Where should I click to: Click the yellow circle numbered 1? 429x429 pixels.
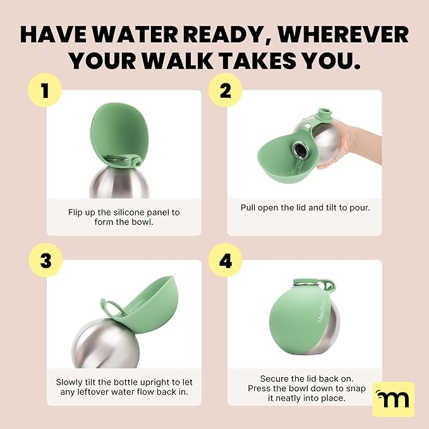coord(44,92)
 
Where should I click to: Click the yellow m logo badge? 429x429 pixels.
coord(394,399)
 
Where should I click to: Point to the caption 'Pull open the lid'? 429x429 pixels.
coord(305,207)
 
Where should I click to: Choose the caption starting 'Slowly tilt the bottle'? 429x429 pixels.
coord(124,387)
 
